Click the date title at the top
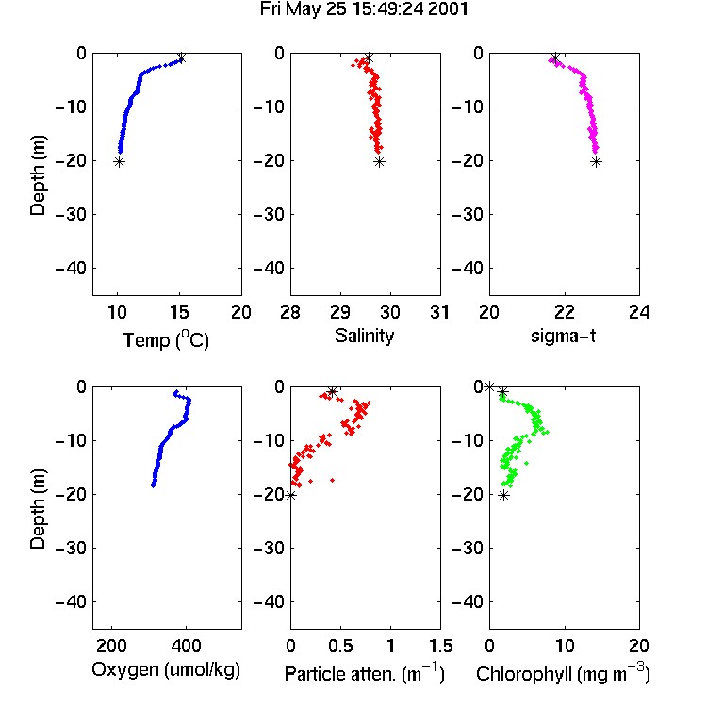tap(364, 9)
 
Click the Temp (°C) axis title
tap(166, 339)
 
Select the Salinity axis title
tap(364, 337)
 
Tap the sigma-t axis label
tap(563, 336)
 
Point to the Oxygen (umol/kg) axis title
tap(166, 670)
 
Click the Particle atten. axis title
tap(365, 673)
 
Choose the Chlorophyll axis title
tap(563, 673)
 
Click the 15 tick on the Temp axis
tap(179, 312)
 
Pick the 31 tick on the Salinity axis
tap(439, 312)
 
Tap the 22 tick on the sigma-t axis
tap(564, 312)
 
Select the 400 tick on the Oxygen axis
tap(187, 646)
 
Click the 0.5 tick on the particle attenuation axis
tap(341, 646)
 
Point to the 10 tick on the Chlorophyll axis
tap(564, 646)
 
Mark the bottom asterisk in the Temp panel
tap(119, 162)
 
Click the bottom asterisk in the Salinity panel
tap(380, 162)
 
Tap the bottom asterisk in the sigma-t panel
tap(597, 162)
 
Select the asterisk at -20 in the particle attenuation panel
tap(291, 495)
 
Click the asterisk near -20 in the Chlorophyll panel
tap(504, 496)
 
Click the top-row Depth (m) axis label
tap(38, 175)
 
